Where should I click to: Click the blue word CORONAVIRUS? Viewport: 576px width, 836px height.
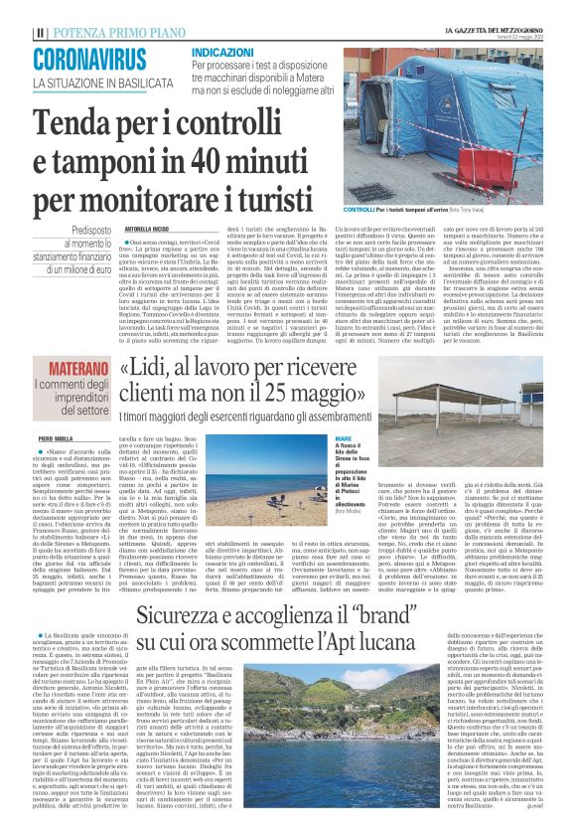coord(89,59)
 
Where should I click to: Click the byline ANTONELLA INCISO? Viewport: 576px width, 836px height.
coord(149,226)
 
